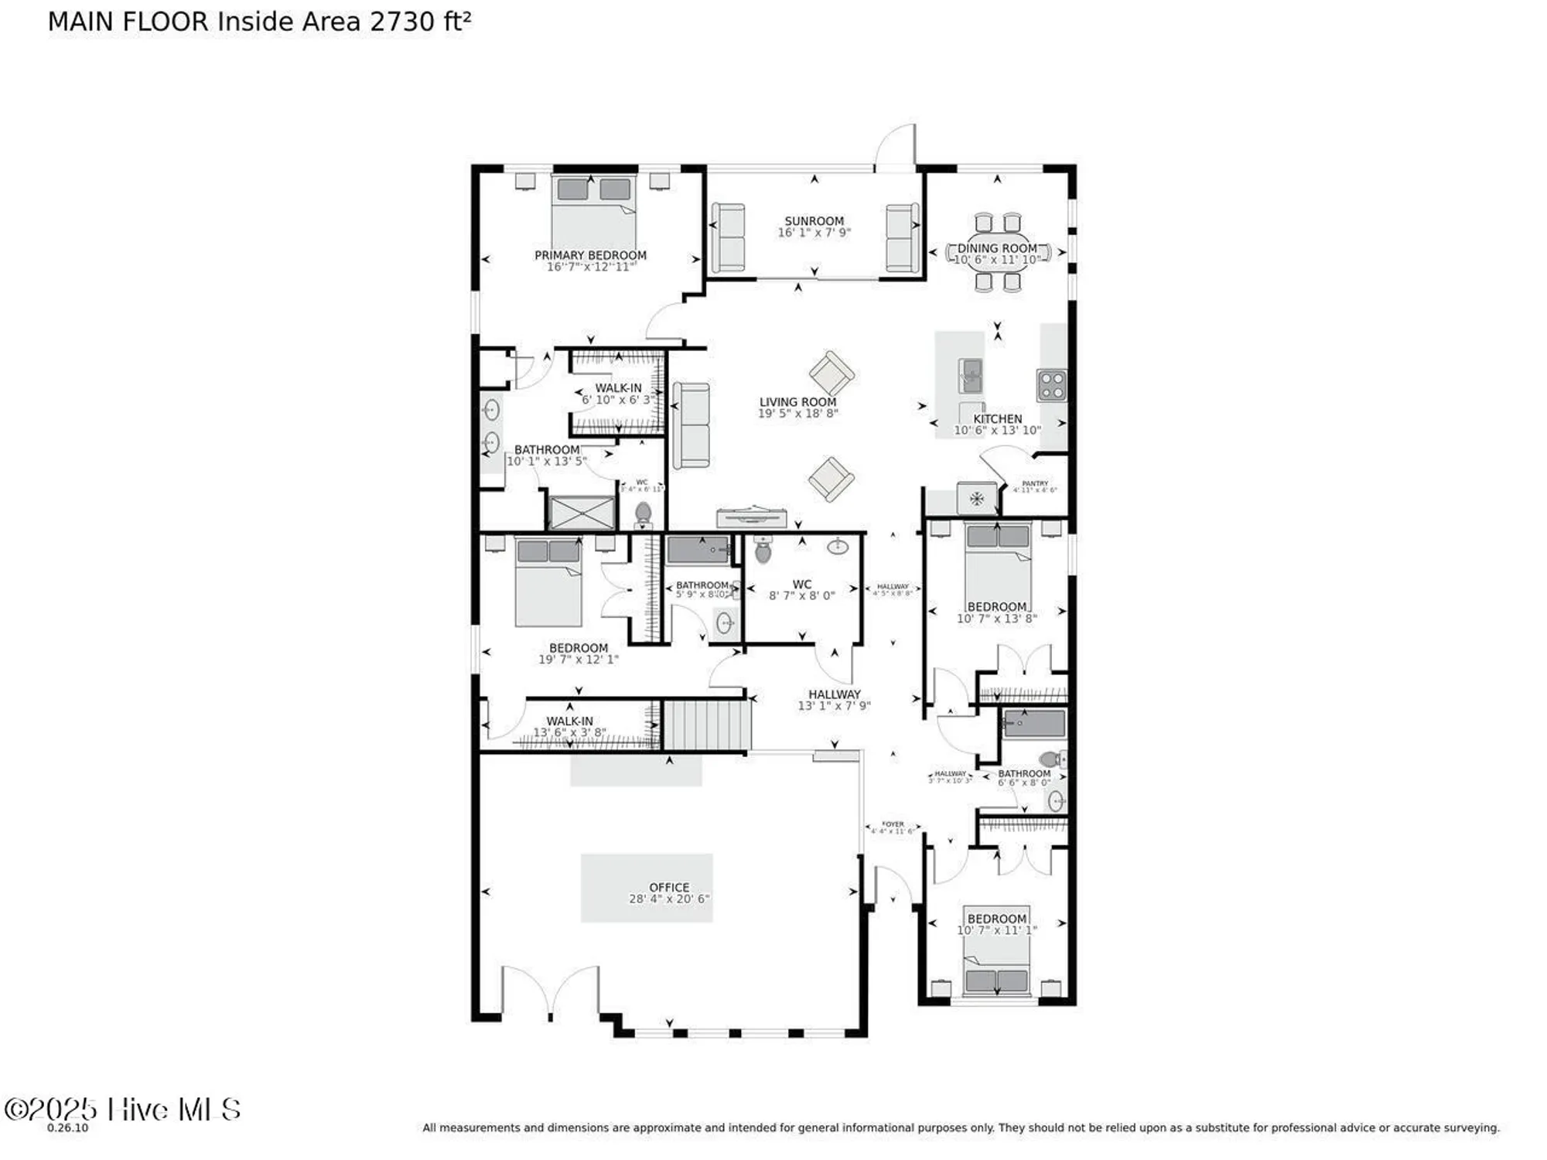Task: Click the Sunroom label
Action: coord(814,221)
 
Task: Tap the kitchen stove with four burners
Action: coord(1052,385)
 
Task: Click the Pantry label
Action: coord(1035,483)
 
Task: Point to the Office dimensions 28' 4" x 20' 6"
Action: coord(669,899)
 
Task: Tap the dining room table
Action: coord(997,252)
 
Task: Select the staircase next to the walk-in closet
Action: coord(707,725)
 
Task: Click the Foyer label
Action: coord(893,824)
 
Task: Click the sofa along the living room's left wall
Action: coord(691,425)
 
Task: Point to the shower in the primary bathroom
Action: coord(581,512)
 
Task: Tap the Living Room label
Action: coord(797,402)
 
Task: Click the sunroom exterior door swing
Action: coord(896,148)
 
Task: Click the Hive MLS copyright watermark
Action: coord(122,1110)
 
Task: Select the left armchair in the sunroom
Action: coord(728,237)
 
